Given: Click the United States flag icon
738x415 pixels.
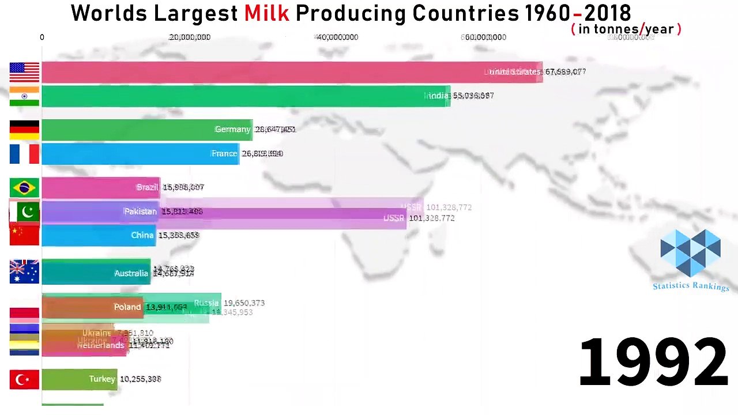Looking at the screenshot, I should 24,73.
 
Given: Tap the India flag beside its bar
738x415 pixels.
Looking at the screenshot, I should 24,96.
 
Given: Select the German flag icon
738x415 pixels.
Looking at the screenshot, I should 24,130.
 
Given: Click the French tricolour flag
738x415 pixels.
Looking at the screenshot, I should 24,154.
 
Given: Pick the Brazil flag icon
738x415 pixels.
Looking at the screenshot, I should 24,188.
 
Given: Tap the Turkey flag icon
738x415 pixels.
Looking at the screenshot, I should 24,379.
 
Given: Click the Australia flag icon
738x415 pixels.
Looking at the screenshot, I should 24,272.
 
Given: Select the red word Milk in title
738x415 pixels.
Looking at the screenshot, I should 266,13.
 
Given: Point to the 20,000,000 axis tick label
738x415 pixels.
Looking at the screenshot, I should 190,37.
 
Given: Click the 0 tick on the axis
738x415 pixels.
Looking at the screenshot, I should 42,37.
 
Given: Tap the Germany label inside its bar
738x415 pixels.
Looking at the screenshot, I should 232,130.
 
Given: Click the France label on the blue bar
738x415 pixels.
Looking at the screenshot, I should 224,154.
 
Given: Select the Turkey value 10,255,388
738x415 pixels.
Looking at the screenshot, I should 140,379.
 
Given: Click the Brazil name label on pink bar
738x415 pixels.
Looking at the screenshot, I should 147,188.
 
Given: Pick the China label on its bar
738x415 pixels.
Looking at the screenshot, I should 142,235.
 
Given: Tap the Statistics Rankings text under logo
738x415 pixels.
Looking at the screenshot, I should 691,286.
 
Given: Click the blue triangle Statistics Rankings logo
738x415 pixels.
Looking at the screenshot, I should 690,252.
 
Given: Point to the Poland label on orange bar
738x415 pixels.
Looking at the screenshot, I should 127,307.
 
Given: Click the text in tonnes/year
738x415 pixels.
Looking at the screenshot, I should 626,29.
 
